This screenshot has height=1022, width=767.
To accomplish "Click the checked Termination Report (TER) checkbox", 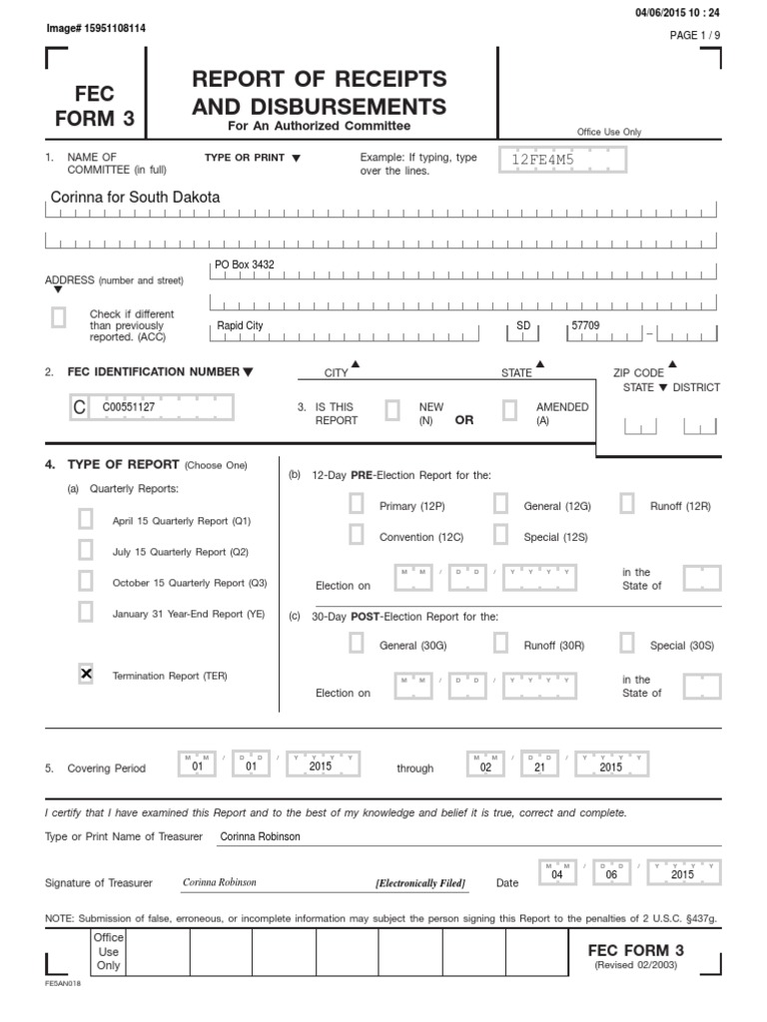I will coord(86,676).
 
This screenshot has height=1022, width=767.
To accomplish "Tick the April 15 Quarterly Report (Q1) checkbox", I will coord(86,520).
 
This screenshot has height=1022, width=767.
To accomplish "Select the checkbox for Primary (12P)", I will coord(357,506).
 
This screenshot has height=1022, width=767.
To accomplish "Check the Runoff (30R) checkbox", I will coord(501,645).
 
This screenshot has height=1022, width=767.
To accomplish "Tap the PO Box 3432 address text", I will coord(245,264).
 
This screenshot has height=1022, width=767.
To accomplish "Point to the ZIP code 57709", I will coord(586,325).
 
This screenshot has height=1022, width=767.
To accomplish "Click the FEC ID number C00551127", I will coord(128,407).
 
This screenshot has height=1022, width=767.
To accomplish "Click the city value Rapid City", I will coord(241,325).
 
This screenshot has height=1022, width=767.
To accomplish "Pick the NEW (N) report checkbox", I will coord(392,411).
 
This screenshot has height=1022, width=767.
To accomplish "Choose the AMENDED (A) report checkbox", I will coord(509,411).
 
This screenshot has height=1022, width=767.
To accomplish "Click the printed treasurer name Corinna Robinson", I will coord(259,836).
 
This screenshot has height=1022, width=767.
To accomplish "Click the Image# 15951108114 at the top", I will coord(96,28).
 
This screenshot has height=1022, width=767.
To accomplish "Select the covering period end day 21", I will coord(539,767).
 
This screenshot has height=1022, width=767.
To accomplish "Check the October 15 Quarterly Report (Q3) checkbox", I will coord(86,582).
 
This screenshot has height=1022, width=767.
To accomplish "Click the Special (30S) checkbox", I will coord(627,645).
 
